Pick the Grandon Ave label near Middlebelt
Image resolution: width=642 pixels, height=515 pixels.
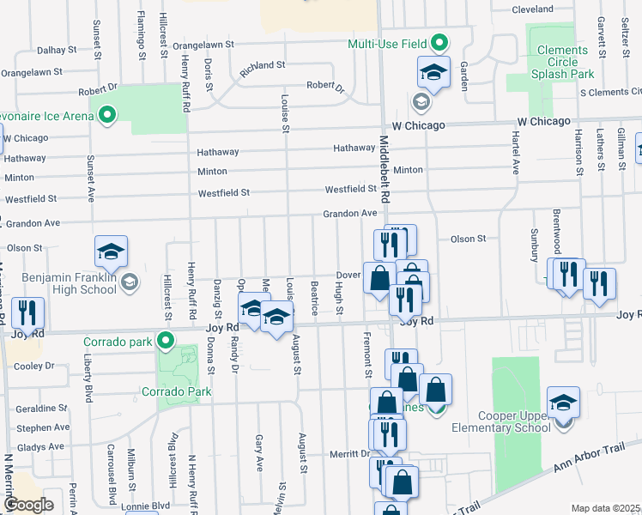point(350,213)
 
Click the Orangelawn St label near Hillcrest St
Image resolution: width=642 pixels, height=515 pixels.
point(204,45)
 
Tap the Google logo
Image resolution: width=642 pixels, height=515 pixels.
point(27,504)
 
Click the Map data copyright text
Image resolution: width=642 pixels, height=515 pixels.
point(606,508)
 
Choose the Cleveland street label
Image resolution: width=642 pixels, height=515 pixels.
point(533,9)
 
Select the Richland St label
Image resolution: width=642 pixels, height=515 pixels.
point(263,66)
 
